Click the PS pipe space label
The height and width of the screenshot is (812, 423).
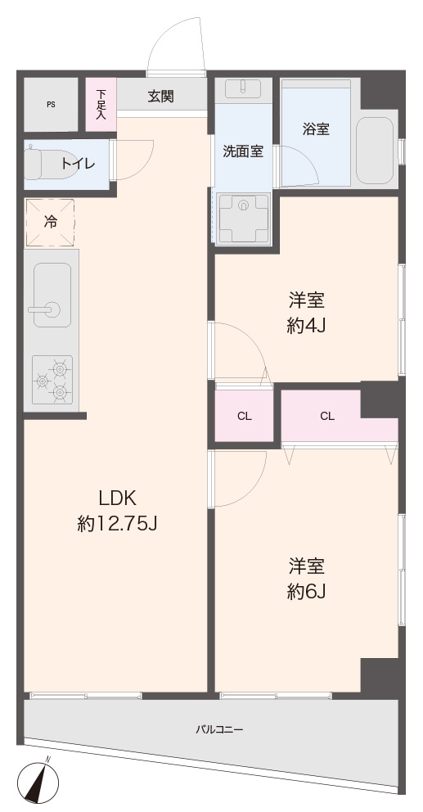[x=51, y=104]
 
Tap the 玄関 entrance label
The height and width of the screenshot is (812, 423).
[x=160, y=96]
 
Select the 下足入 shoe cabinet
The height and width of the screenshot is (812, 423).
[x=101, y=104]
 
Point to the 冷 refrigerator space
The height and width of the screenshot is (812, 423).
[x=50, y=222]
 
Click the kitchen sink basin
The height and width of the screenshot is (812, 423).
[x=52, y=295]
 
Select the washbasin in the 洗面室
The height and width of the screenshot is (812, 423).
[x=243, y=88]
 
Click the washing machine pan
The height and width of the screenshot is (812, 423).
[x=243, y=218]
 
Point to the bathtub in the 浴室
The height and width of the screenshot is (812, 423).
[x=376, y=150]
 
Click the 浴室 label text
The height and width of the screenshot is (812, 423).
[x=316, y=129]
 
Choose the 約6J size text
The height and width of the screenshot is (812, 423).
[x=306, y=592]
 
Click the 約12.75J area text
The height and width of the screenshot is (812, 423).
[x=117, y=526]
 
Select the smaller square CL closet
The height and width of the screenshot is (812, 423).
[x=244, y=416]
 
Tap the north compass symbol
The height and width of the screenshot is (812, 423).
[x=38, y=780]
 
